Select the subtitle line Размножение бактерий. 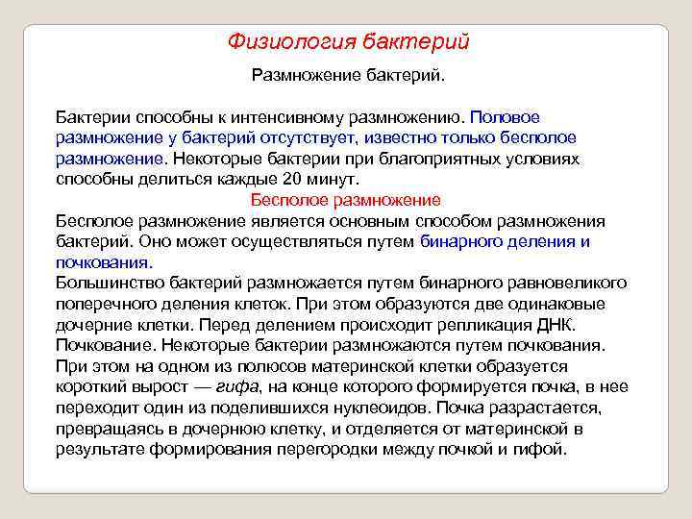point(348,74)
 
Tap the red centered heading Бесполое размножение point(345,200)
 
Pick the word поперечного point(104,304)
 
